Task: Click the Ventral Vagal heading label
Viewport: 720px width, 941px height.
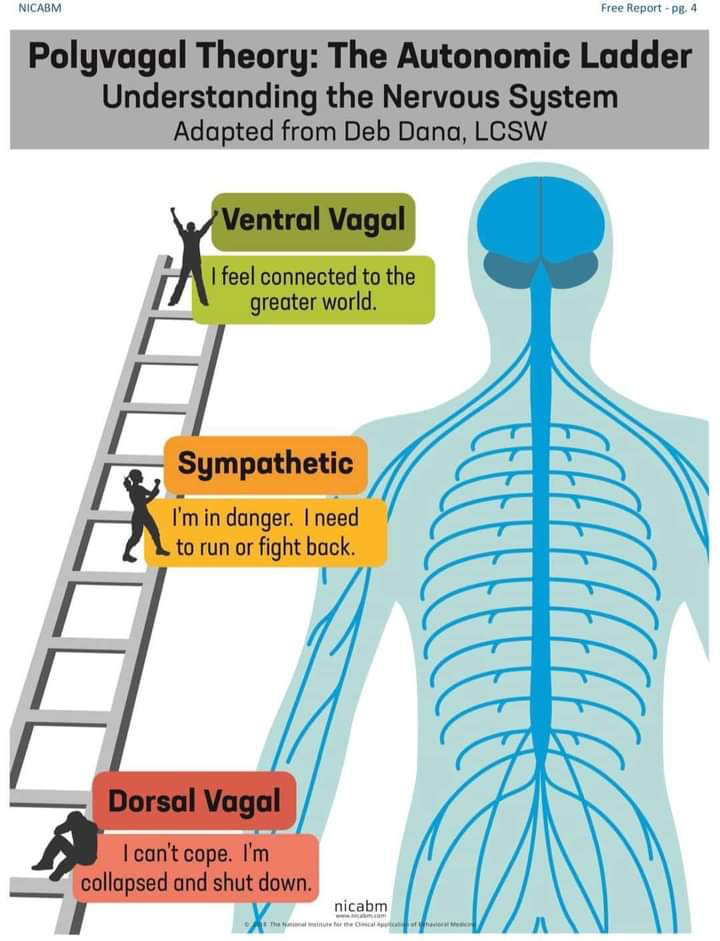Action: (312, 219)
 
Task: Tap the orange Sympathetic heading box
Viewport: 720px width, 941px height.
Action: (265, 464)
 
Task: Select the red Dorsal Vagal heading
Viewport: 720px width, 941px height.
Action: (194, 801)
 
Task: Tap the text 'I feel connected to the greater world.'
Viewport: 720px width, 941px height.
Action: (313, 288)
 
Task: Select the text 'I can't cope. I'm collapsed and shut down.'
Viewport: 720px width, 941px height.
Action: (196, 868)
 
